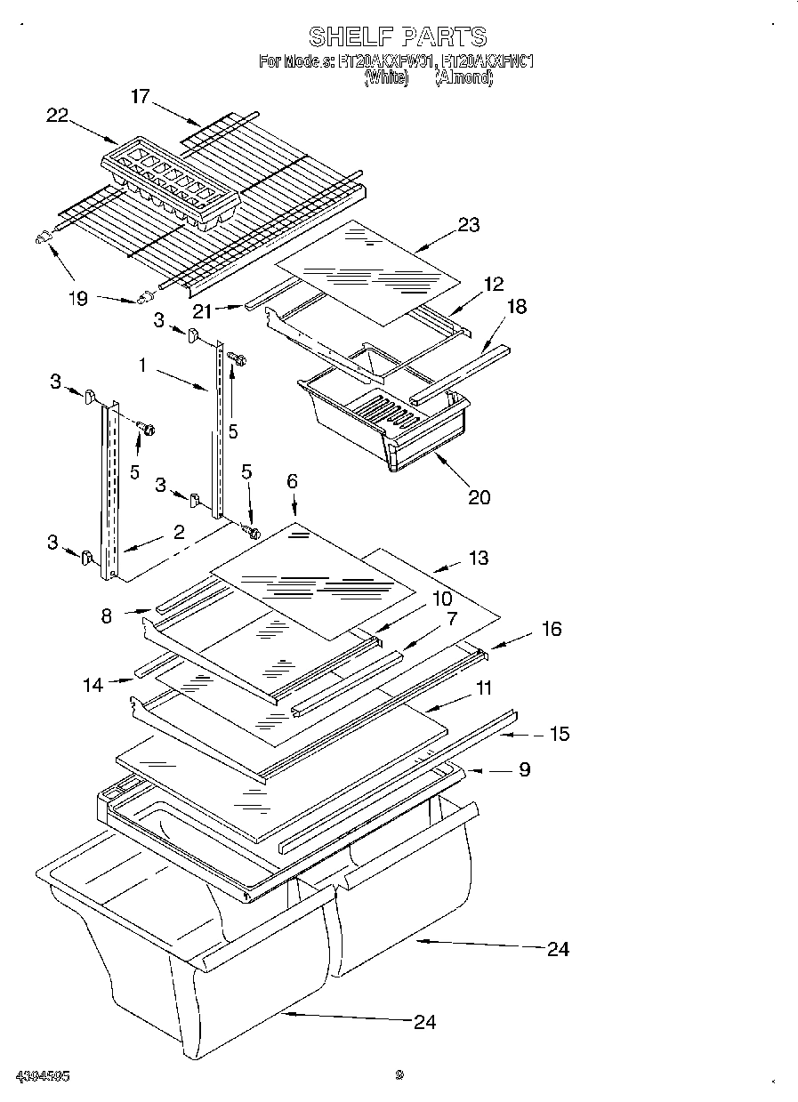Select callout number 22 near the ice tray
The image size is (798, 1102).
click(58, 115)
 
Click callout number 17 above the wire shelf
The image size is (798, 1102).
click(141, 96)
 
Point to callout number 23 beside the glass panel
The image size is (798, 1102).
click(469, 224)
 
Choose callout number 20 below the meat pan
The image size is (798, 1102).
click(479, 496)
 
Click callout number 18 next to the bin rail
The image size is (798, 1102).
click(516, 307)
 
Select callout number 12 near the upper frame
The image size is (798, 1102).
click(494, 284)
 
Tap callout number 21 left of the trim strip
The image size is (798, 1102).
click(202, 309)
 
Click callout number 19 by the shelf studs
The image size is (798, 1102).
click(78, 298)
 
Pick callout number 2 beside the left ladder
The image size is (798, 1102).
click(179, 532)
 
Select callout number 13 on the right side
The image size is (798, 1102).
click(478, 558)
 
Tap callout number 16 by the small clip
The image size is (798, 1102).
click(552, 629)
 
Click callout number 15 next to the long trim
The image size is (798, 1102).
click(560, 734)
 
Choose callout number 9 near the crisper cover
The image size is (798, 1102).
click(524, 768)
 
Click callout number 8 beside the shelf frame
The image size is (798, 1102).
click(107, 615)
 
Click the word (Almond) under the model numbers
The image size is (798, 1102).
click(463, 78)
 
